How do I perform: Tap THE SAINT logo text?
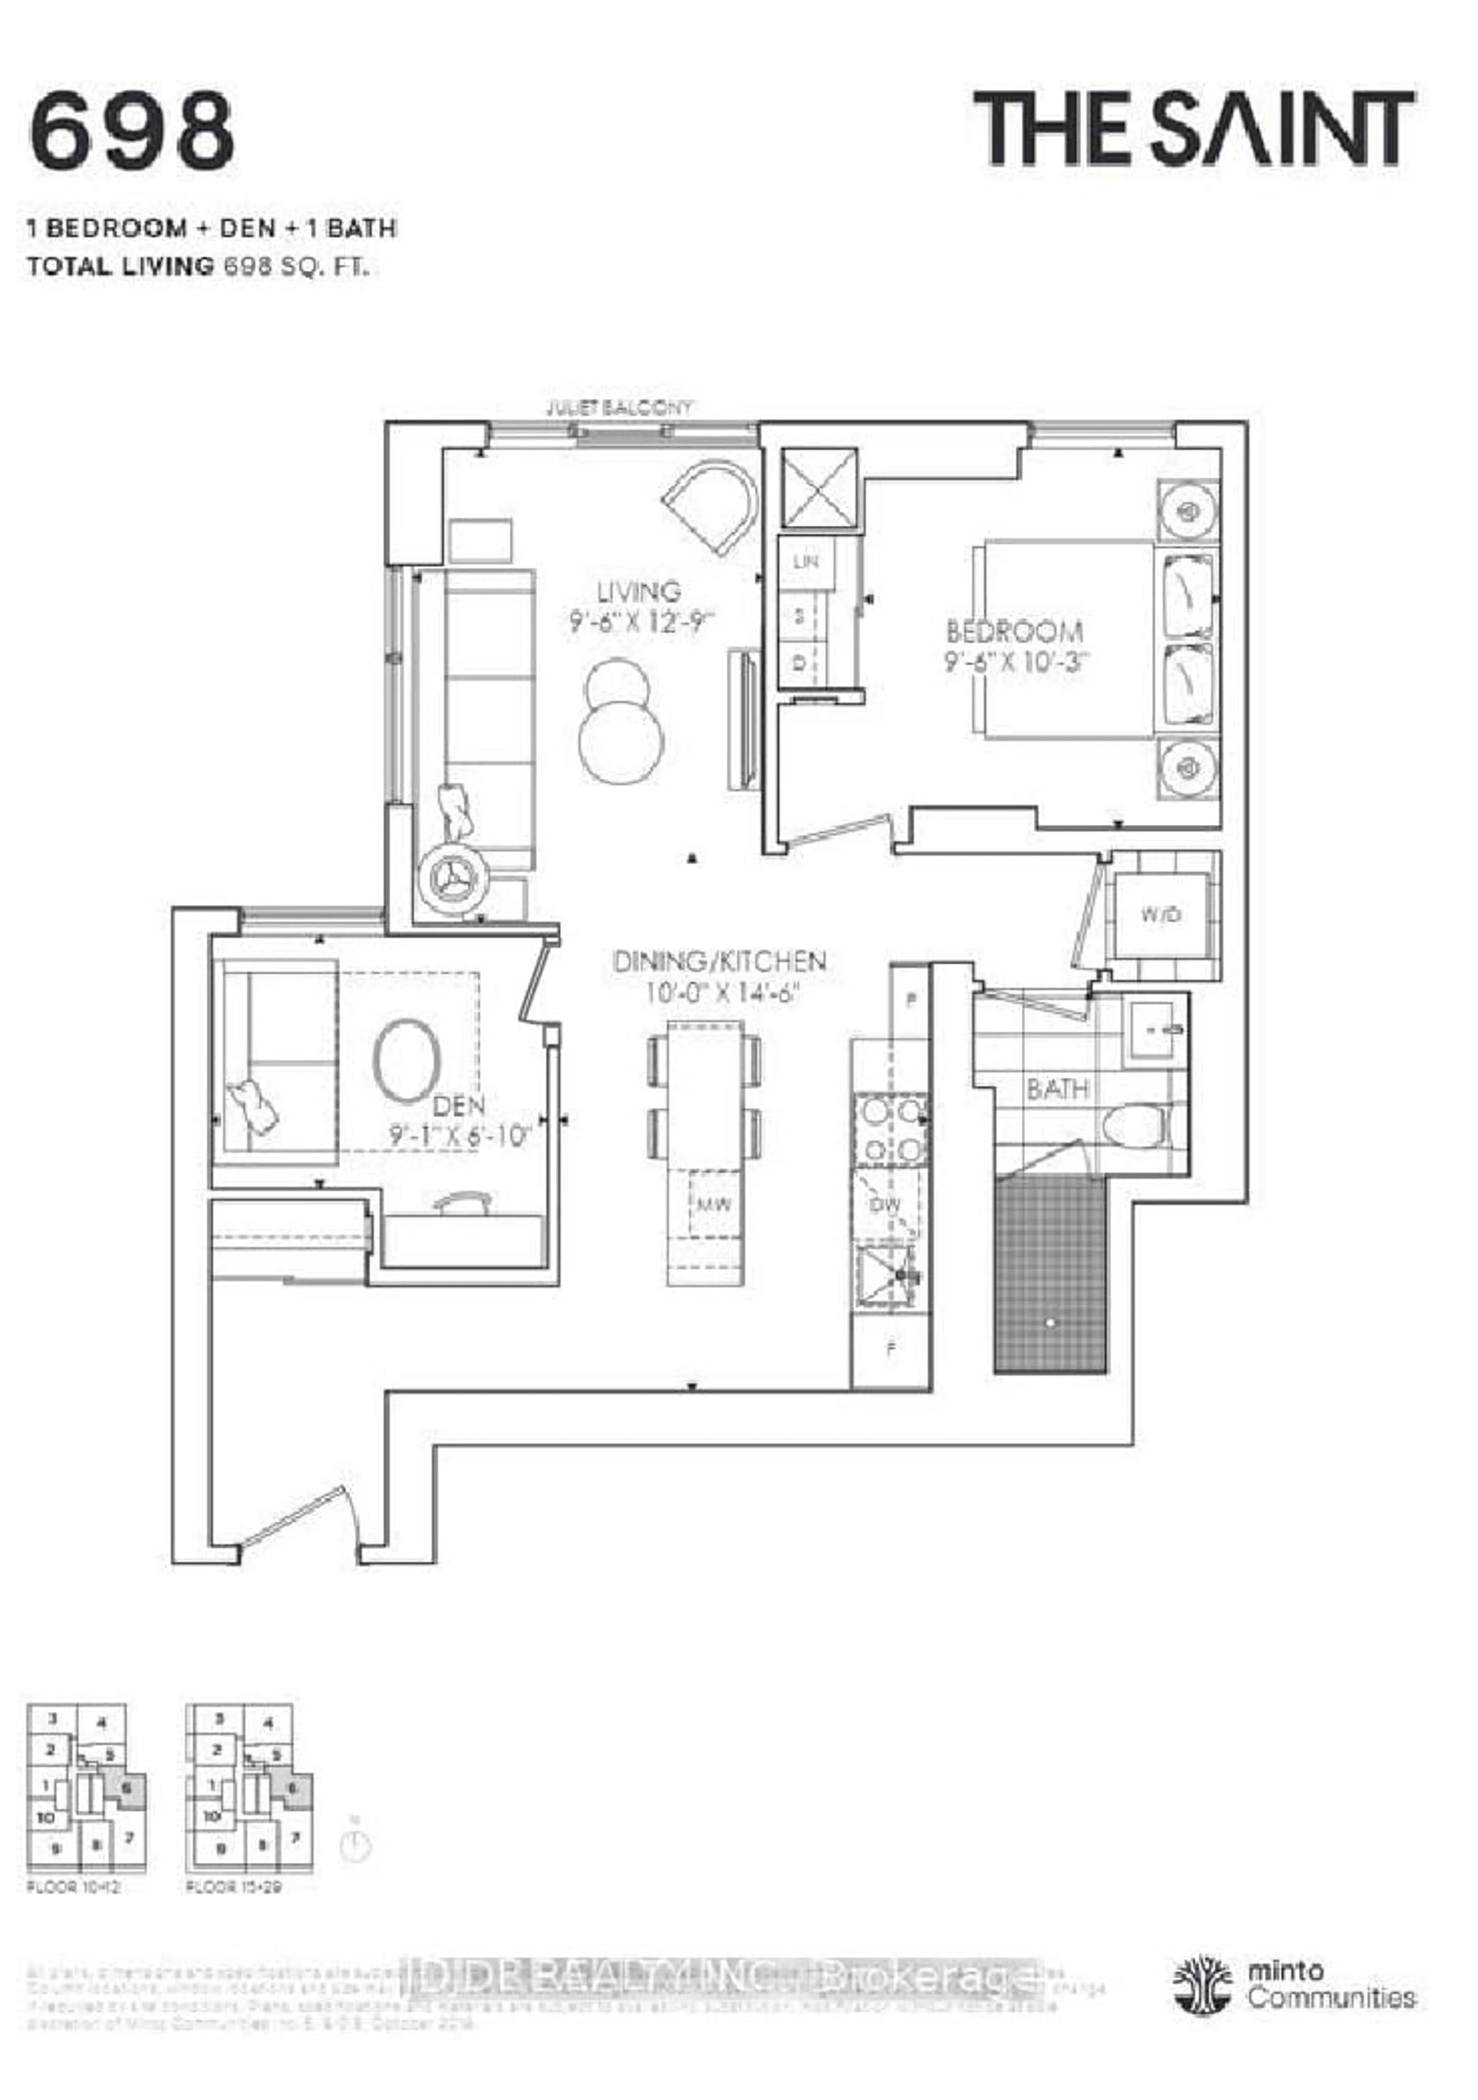1194,129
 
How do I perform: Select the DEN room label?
458,1106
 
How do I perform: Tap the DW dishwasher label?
884,1206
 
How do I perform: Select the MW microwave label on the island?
714,1206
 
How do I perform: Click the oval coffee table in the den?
407,1060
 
